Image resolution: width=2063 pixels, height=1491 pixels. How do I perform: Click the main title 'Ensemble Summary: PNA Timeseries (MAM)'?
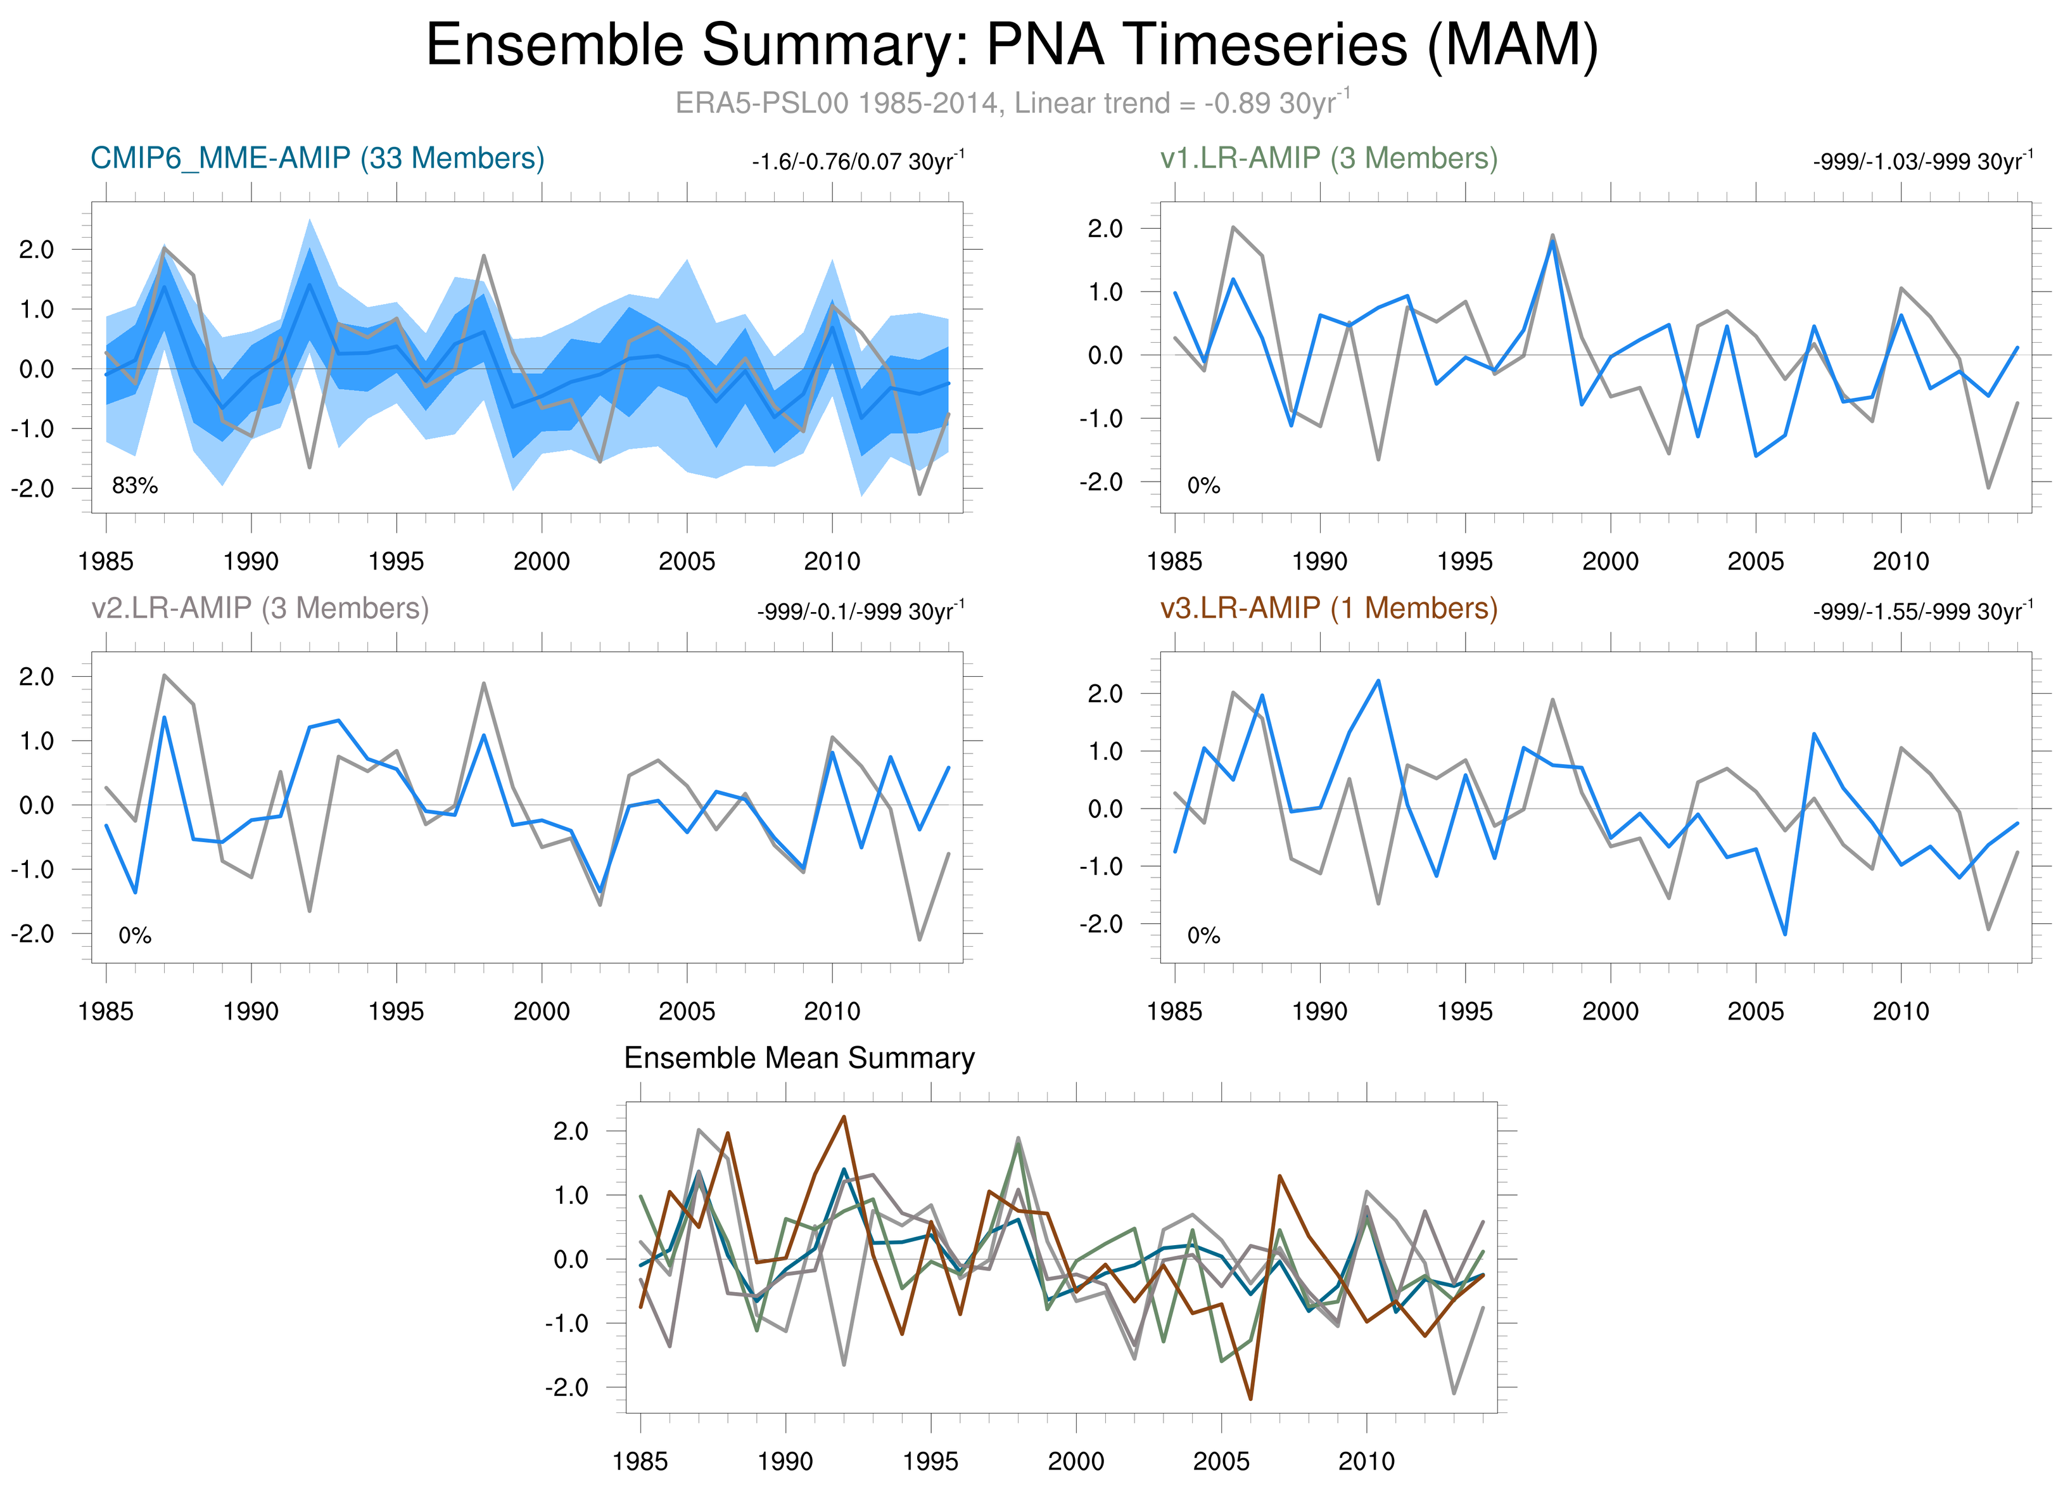pyautogui.click(x=1012, y=46)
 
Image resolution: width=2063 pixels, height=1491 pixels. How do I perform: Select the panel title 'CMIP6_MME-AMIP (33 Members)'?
pyautogui.click(x=317, y=158)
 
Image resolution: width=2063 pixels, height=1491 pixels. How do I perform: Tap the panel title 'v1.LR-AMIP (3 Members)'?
pyautogui.click(x=1329, y=158)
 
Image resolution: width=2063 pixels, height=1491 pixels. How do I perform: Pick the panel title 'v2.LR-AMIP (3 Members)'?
pyautogui.click(x=260, y=608)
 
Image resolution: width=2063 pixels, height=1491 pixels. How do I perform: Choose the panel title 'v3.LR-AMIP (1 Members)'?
pyautogui.click(x=1329, y=608)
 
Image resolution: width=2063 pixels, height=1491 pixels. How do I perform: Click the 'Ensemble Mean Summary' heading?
pyautogui.click(x=799, y=1058)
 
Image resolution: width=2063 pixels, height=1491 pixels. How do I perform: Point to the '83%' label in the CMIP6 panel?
pyautogui.click(x=135, y=486)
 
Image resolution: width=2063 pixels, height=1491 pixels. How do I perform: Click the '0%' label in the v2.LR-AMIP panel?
pyautogui.click(x=135, y=935)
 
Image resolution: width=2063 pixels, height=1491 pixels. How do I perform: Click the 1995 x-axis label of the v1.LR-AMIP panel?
pyautogui.click(x=1464, y=561)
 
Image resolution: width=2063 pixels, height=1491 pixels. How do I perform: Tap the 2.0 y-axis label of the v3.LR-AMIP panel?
pyautogui.click(x=1105, y=694)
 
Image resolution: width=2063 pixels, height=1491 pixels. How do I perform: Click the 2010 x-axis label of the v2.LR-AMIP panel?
pyautogui.click(x=832, y=1011)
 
